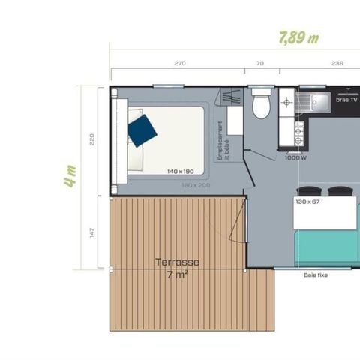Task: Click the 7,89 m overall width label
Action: pos(295,37)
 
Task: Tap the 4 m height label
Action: pos(70,176)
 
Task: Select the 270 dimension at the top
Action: pos(180,63)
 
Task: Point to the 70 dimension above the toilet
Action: pos(260,63)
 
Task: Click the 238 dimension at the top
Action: pos(337,63)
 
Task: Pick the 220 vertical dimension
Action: pos(91,139)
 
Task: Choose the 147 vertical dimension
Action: pos(91,232)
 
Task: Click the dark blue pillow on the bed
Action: pos(142,128)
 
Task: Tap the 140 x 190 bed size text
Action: pos(181,171)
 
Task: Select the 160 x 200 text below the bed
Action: pos(196,184)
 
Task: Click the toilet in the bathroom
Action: pos(261,104)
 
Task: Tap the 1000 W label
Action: pos(296,157)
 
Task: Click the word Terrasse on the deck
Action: pos(177,262)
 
